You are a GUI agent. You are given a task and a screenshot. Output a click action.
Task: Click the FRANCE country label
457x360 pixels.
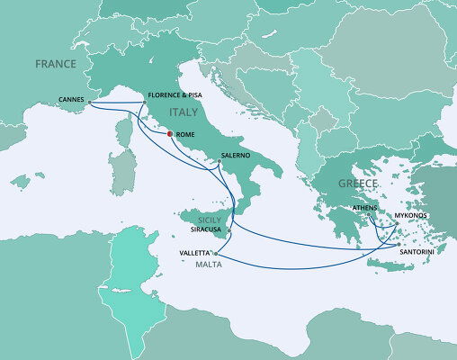[x=53, y=64]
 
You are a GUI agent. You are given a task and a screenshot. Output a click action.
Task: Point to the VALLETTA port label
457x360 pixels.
[x=195, y=254]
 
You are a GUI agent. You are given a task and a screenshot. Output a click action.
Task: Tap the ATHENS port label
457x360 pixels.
[x=363, y=207]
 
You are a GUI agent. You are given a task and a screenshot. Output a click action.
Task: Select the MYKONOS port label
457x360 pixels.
[x=413, y=216]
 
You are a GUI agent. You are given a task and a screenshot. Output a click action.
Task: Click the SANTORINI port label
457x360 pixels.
[x=413, y=254]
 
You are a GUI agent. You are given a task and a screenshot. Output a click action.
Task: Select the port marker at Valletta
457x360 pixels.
[x=216, y=254]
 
